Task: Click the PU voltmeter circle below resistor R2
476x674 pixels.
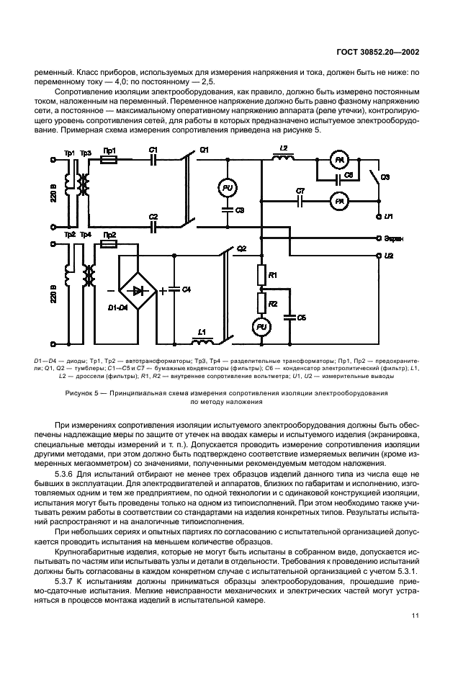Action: [261, 328]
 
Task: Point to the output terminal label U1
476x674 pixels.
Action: [388, 216]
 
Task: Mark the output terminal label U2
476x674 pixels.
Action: [389, 256]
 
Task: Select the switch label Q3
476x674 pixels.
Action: [385, 176]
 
